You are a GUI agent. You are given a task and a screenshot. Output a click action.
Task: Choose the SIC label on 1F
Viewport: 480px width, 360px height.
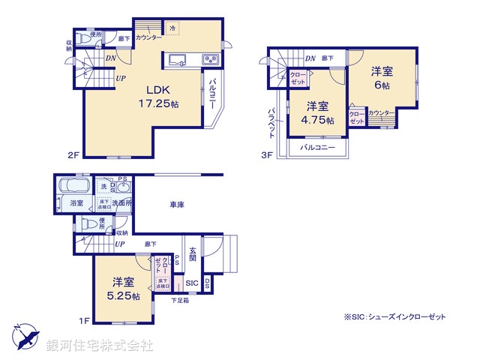[x=191, y=283]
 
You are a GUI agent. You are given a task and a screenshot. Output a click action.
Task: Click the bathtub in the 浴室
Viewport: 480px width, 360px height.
[x=73, y=185]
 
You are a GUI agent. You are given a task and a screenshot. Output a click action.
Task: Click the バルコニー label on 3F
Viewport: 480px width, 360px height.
[x=317, y=148]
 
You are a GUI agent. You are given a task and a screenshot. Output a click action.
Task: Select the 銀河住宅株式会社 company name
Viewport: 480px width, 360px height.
[x=99, y=346]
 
